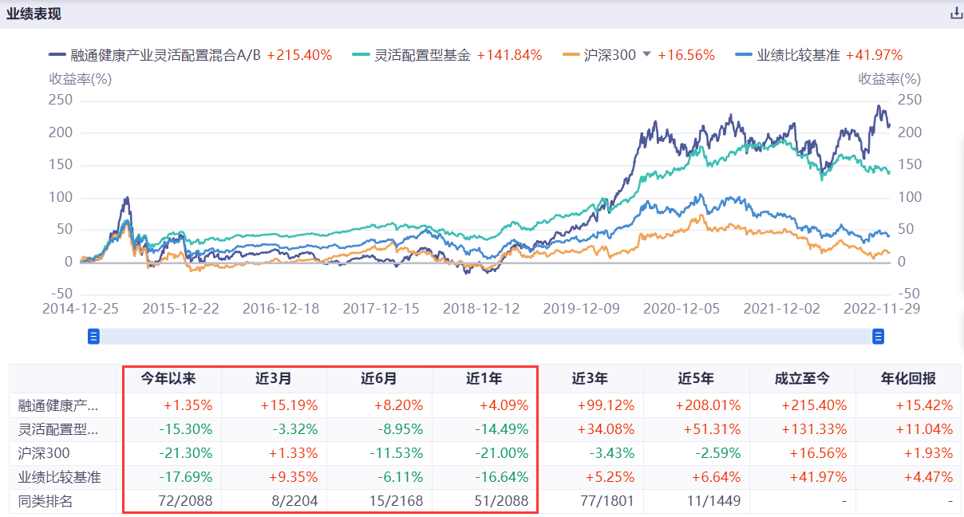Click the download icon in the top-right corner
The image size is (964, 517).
(x=956, y=14)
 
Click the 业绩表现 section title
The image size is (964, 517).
(x=34, y=14)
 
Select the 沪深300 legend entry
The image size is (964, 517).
(x=610, y=55)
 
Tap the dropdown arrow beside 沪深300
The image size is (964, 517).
(x=647, y=54)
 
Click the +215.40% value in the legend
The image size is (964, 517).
(x=299, y=55)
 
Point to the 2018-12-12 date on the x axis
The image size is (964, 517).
(x=481, y=309)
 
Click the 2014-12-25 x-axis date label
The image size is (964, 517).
(x=81, y=309)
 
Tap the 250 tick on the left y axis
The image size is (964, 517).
(x=61, y=100)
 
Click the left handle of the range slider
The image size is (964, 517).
(x=93, y=337)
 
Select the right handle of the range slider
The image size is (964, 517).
(x=878, y=337)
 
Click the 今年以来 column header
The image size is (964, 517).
(x=168, y=379)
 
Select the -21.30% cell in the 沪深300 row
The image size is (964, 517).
(x=185, y=453)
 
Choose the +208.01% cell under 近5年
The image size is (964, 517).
(x=712, y=405)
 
